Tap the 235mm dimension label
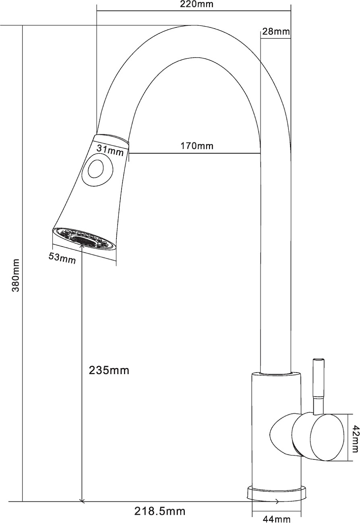109,370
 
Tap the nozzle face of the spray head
85,239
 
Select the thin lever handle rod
318,386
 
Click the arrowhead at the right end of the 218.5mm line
277,501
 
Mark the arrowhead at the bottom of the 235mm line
82,500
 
